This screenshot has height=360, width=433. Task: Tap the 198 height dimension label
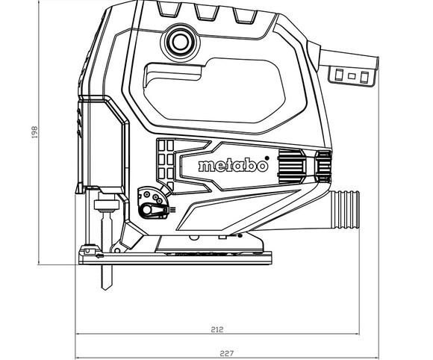(34, 131)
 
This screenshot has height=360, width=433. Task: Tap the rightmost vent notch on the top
(243, 16)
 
